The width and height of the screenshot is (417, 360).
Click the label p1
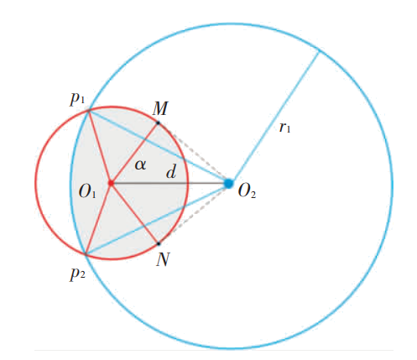[77, 99]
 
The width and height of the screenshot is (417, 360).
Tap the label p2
[77, 274]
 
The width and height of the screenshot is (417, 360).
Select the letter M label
[160, 108]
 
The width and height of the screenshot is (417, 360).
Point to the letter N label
[163, 259]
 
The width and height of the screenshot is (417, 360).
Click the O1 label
[87, 191]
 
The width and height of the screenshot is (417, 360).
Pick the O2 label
[247, 191]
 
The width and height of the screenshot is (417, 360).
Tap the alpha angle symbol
[140, 164]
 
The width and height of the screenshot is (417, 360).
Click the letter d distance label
[171, 171]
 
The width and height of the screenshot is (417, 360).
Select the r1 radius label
[284, 128]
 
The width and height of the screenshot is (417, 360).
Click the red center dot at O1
[111, 183]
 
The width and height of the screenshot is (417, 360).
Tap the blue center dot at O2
[229, 184]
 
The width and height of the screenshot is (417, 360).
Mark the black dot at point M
[158, 123]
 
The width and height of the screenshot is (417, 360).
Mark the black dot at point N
[159, 243]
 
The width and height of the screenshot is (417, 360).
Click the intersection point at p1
[89, 111]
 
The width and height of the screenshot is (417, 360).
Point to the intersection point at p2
[86, 253]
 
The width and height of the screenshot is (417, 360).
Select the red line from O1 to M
[134, 153]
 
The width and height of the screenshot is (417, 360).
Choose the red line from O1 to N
[135, 213]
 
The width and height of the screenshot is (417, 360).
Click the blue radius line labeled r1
[274, 117]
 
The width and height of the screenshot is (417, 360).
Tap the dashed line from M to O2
[194, 154]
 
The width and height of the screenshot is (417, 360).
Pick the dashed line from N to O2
[194, 213]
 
